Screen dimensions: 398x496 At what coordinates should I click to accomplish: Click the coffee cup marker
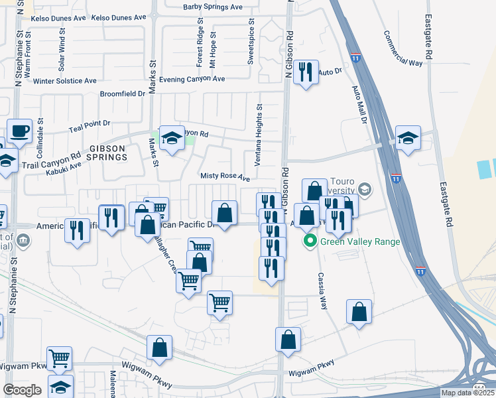[19, 131]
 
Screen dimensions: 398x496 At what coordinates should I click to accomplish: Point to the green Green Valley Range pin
[309, 241]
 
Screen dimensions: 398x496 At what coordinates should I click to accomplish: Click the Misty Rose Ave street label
[225, 178]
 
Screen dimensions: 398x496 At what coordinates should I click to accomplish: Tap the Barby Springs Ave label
[212, 7]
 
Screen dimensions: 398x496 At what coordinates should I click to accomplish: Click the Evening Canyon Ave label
[188, 78]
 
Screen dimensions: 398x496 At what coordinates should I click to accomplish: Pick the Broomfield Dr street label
[122, 94]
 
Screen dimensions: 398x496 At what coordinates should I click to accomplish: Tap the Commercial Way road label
[403, 48]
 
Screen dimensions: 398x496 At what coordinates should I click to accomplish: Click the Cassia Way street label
[323, 292]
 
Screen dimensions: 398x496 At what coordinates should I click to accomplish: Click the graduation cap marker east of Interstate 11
[408, 138]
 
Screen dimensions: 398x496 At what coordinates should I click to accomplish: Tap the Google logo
[22, 390]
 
